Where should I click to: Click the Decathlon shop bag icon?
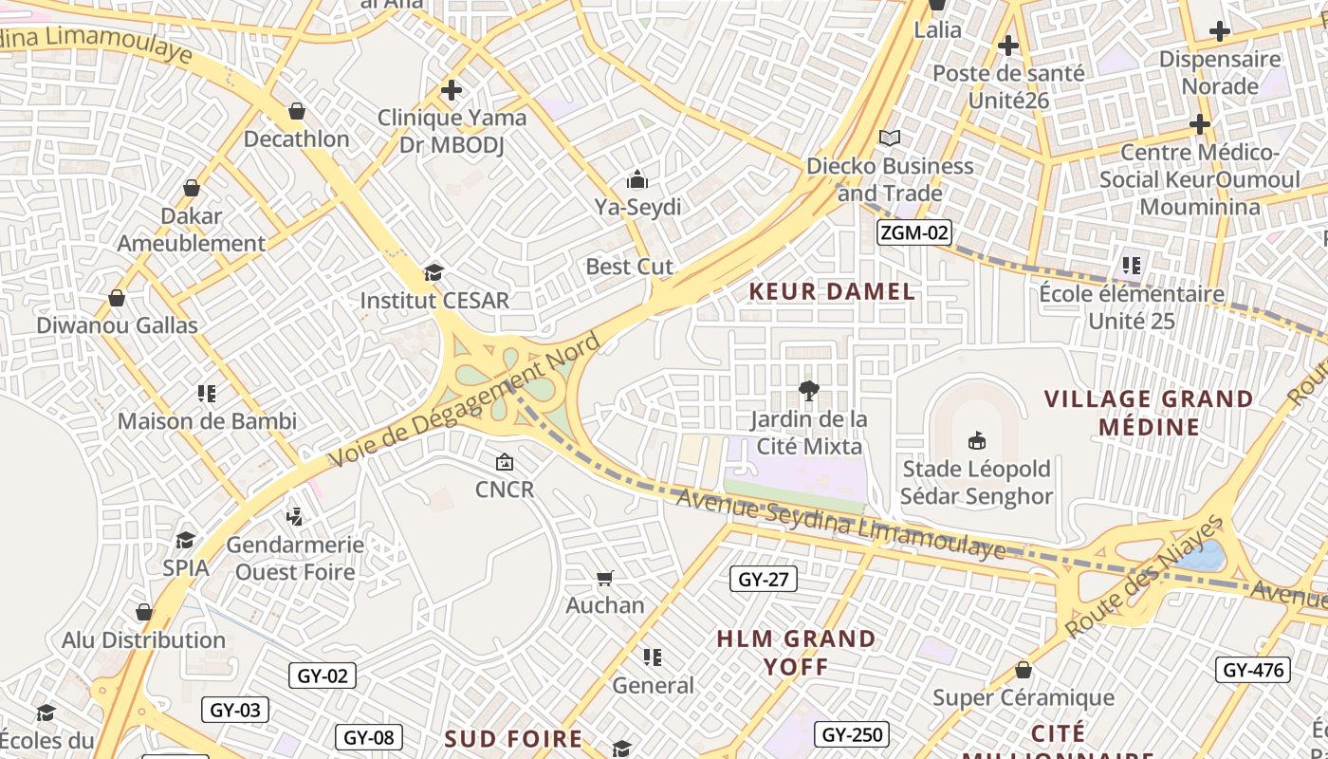297,112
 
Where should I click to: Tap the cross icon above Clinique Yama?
452,90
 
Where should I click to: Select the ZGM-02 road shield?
913,232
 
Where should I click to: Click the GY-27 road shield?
764,579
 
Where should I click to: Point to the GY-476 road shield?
1253,670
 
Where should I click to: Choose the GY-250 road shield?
851,734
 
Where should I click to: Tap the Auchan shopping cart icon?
605,578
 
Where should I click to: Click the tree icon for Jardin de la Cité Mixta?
808,390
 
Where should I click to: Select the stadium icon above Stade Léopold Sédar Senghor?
976,440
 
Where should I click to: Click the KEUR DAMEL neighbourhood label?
833,291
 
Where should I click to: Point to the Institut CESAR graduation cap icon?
433,273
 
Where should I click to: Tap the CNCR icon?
505,462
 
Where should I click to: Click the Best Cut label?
630,267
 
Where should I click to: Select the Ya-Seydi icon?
637,179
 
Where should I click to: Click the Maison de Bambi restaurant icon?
206,393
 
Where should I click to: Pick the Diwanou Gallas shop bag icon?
117,298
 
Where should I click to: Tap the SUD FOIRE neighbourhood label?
513,738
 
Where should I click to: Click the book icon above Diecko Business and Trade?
889,139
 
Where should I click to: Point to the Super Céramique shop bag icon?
1024,670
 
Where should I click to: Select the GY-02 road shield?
323,676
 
